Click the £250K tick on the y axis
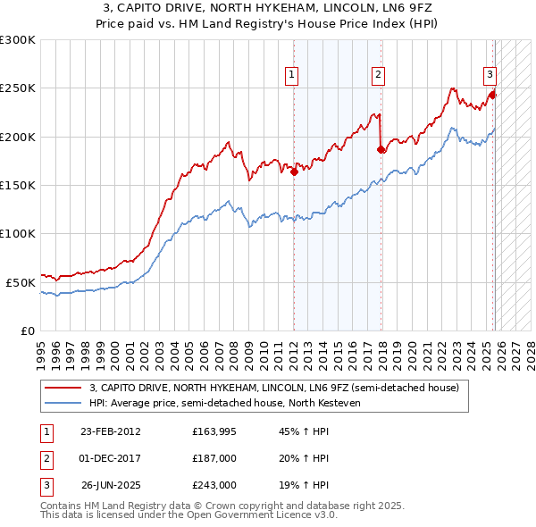18,88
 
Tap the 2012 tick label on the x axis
294,348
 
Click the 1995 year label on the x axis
41,348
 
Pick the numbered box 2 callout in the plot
379,75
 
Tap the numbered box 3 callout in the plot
490,75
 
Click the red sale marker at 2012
294,172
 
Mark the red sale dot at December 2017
381,150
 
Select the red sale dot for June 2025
492,96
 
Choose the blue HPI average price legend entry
223,402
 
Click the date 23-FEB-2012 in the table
110,431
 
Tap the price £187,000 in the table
214,458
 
